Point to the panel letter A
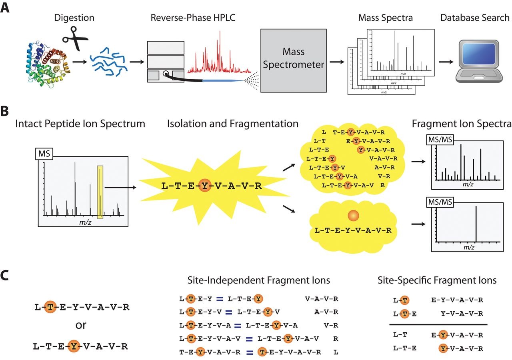[5, 8]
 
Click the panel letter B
[5, 111]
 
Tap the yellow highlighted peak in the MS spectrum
[100, 192]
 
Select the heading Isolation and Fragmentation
[233, 124]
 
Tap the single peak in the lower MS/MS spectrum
[476, 224]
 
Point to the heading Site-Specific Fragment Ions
[437, 280]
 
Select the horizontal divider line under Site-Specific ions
[438, 324]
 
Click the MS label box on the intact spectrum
[43, 153]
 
